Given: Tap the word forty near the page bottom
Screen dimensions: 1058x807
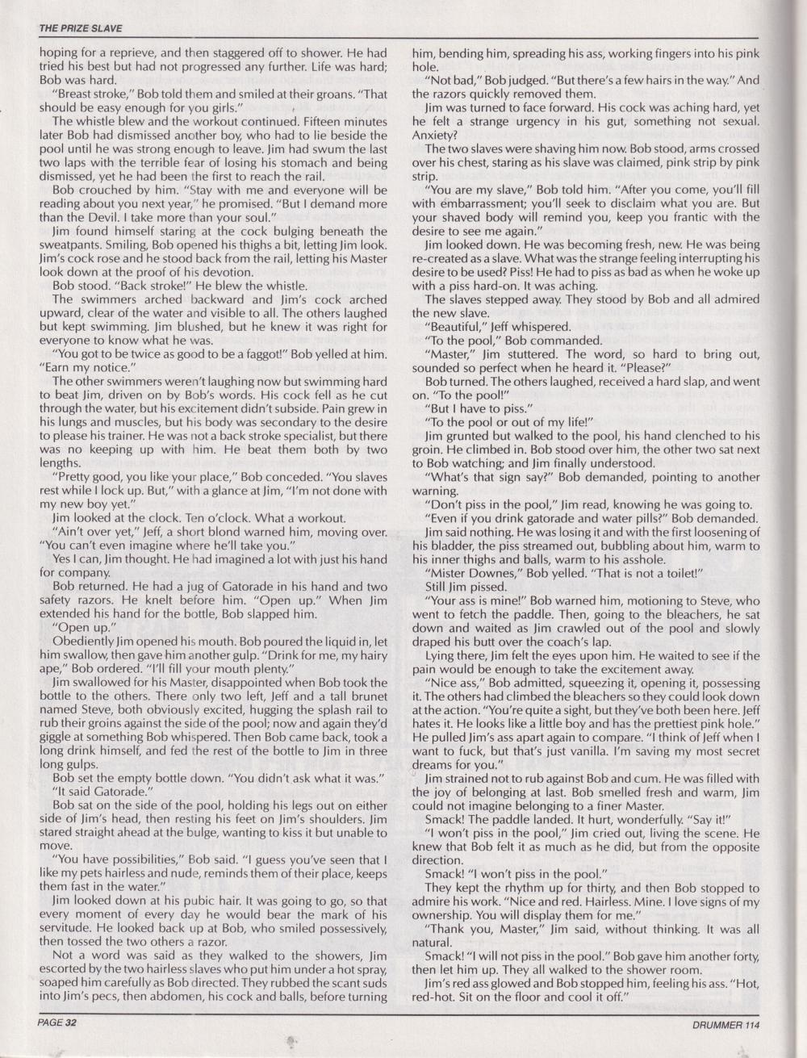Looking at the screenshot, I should (x=739, y=956).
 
